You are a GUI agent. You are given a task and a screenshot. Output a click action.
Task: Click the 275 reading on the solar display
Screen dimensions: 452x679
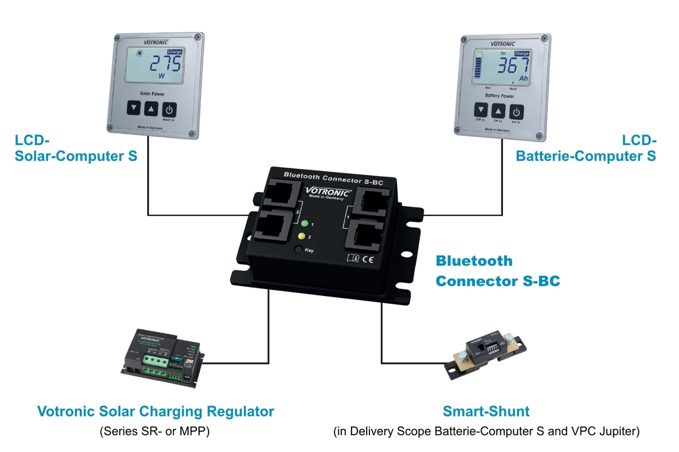tap(165, 65)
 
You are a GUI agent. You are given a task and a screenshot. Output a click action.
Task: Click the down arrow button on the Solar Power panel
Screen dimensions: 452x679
tap(133, 108)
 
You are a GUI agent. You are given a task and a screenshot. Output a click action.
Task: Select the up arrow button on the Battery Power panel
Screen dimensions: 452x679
tap(498, 111)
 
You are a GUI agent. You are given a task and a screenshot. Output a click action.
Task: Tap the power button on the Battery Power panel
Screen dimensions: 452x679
tap(517, 111)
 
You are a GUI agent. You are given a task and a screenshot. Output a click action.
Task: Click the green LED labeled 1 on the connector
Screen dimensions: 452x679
tap(304, 223)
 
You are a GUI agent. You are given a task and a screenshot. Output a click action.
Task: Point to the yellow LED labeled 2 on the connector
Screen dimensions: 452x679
tap(302, 236)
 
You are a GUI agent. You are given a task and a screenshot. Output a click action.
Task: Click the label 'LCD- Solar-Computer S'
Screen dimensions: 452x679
tap(76, 149)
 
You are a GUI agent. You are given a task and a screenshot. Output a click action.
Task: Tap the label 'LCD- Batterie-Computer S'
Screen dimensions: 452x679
tap(586, 148)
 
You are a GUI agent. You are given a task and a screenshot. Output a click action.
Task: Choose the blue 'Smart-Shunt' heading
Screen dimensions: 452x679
tap(486, 411)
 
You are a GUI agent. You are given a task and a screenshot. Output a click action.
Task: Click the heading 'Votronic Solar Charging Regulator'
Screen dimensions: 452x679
tap(156, 411)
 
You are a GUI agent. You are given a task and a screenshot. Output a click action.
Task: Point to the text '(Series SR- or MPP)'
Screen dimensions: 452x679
tap(155, 432)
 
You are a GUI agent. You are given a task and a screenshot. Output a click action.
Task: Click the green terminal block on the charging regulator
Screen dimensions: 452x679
tap(155, 362)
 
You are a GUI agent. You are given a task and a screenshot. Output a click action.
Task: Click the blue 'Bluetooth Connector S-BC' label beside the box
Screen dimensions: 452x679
tap(497, 271)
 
